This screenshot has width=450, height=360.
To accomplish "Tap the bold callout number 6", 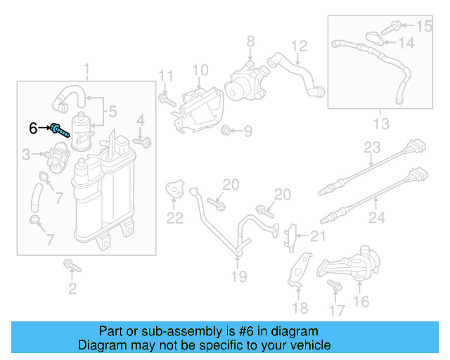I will [x=33, y=129].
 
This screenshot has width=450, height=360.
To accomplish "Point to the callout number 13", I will [x=380, y=124].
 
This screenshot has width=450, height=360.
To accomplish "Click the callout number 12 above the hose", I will [x=300, y=46].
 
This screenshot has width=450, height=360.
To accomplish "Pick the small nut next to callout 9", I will [x=227, y=130].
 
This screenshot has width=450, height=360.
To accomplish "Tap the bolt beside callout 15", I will [x=396, y=27].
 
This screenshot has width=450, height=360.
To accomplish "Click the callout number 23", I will [x=371, y=148].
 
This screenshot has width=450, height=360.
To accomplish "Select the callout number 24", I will [x=377, y=218].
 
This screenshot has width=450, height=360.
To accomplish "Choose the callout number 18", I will [x=300, y=308].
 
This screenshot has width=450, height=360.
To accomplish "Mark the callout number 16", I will [x=361, y=302].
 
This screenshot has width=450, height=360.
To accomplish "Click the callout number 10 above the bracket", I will [x=200, y=70].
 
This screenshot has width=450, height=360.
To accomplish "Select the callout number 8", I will [x=250, y=44].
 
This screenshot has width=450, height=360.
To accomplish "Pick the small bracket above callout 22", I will [x=174, y=189].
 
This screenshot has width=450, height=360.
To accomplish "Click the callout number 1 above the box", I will [x=87, y=69].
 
